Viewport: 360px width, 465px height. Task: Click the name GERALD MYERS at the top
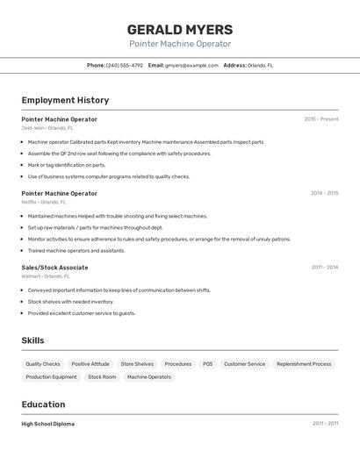tap(180, 29)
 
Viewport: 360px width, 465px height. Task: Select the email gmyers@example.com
tap(191, 65)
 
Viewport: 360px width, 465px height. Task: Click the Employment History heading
tap(65, 100)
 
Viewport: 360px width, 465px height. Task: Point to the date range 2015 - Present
tap(321, 118)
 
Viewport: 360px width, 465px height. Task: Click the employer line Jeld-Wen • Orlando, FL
tap(47, 127)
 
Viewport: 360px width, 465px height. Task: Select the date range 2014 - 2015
tap(324, 193)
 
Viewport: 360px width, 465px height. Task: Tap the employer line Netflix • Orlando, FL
tap(44, 202)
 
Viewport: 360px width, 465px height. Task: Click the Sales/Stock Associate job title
tap(54, 268)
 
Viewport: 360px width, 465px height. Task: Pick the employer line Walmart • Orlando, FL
tap(47, 276)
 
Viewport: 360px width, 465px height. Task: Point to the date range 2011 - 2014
tap(324, 268)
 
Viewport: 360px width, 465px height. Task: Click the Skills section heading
tap(32, 340)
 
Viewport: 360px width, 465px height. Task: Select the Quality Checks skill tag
tap(43, 364)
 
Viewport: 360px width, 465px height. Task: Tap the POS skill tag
tap(207, 364)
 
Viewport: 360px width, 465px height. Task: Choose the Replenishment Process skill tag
tap(304, 364)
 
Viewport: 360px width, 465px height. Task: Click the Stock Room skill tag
tap(102, 377)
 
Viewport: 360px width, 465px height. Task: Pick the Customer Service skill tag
tap(244, 364)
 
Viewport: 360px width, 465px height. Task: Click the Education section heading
tap(43, 404)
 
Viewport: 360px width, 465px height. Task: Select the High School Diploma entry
tap(48, 424)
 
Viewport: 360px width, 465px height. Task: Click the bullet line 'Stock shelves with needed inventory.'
tap(70, 302)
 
